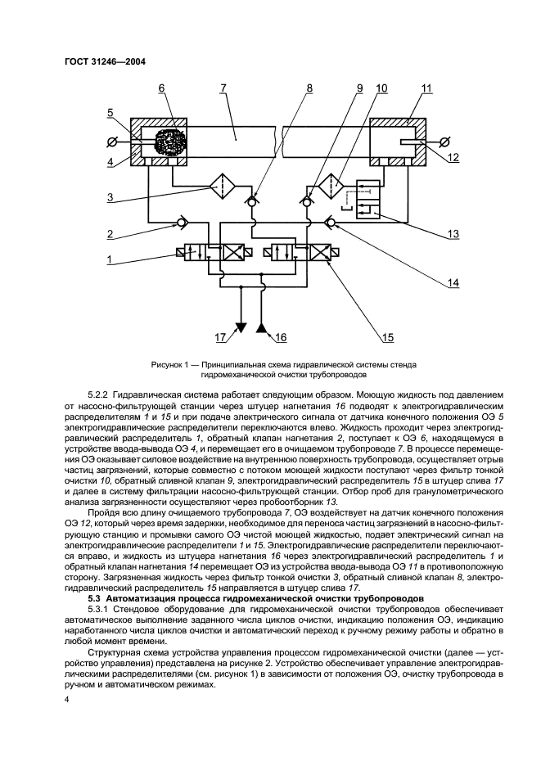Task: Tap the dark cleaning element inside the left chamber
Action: [x=169, y=142]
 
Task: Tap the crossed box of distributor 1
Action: [x=237, y=254]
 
